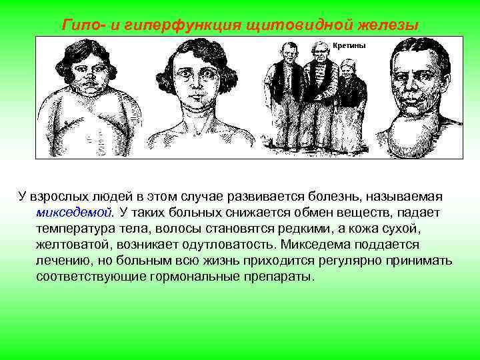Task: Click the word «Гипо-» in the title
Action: [82, 25]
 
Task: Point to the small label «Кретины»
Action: [350, 45]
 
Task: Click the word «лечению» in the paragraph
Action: [62, 260]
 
